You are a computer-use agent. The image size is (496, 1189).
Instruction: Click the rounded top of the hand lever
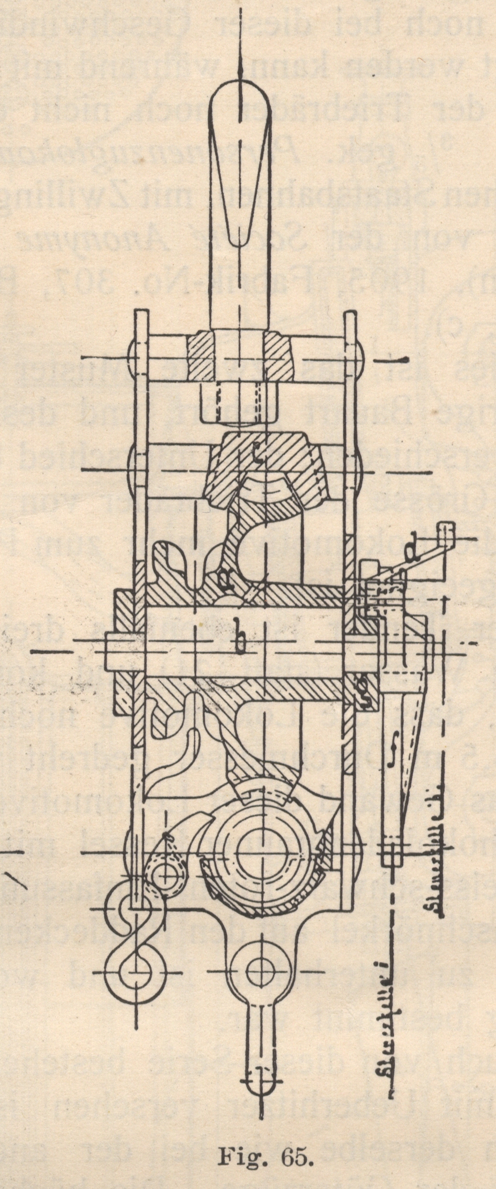click(239, 97)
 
